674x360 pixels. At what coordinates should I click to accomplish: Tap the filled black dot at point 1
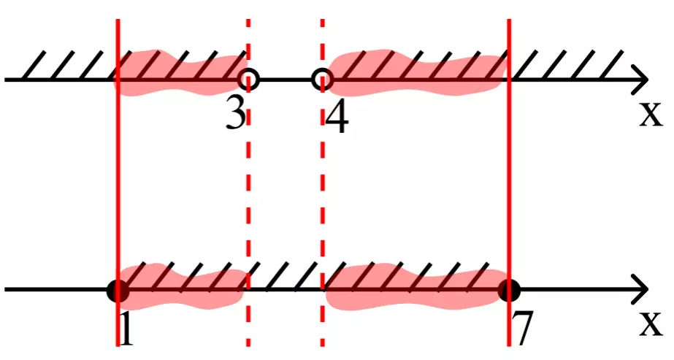(x=118, y=291)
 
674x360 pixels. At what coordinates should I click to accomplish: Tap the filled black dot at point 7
(x=510, y=291)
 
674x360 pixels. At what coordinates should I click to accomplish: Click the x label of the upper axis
(x=651, y=115)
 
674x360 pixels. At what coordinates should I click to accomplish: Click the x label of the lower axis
(x=651, y=325)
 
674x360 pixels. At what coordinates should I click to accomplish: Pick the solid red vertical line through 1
(x=118, y=183)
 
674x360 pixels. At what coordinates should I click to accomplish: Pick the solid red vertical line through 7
(x=509, y=183)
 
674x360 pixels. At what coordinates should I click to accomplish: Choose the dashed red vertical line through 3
(x=248, y=183)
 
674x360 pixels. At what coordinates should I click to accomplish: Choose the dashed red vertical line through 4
(x=322, y=183)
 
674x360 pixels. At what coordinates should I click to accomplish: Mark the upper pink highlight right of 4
(x=415, y=73)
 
